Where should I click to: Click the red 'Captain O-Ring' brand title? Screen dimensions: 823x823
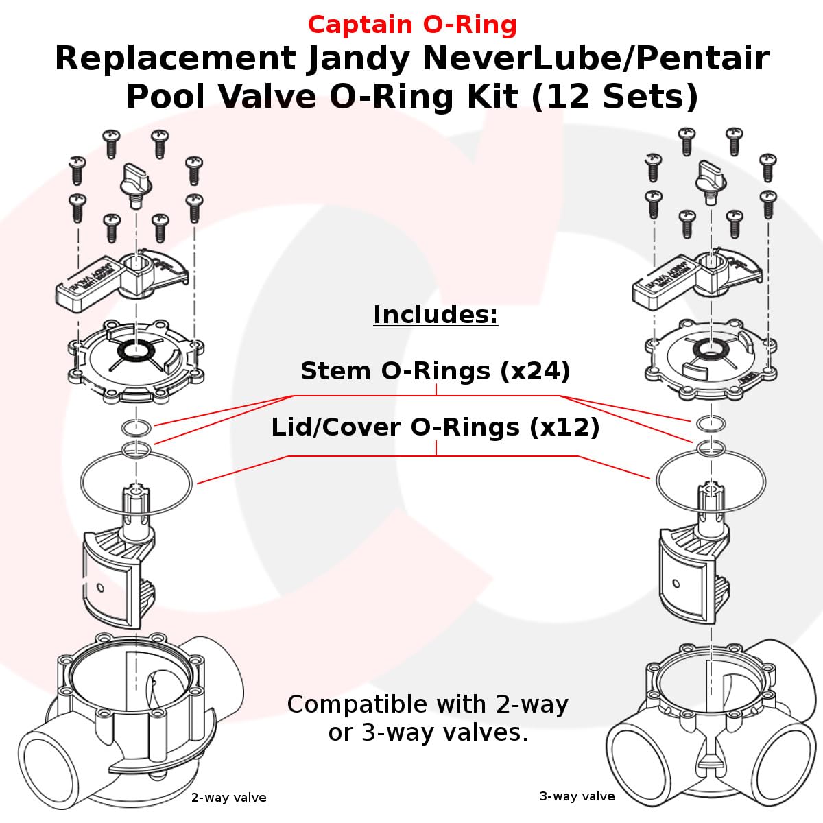(x=412, y=25)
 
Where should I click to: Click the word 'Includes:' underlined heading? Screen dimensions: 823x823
(x=436, y=315)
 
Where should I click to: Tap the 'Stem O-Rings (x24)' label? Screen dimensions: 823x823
(x=436, y=370)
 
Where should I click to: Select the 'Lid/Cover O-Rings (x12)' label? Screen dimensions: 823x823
(x=436, y=427)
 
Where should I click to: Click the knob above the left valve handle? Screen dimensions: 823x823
(x=136, y=184)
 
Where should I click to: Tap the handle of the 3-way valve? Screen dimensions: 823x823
(x=697, y=278)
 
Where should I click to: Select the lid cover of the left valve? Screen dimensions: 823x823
(x=136, y=361)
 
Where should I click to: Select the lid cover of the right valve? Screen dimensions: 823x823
(x=711, y=359)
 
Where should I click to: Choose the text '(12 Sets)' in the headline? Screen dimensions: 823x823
(x=615, y=97)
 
